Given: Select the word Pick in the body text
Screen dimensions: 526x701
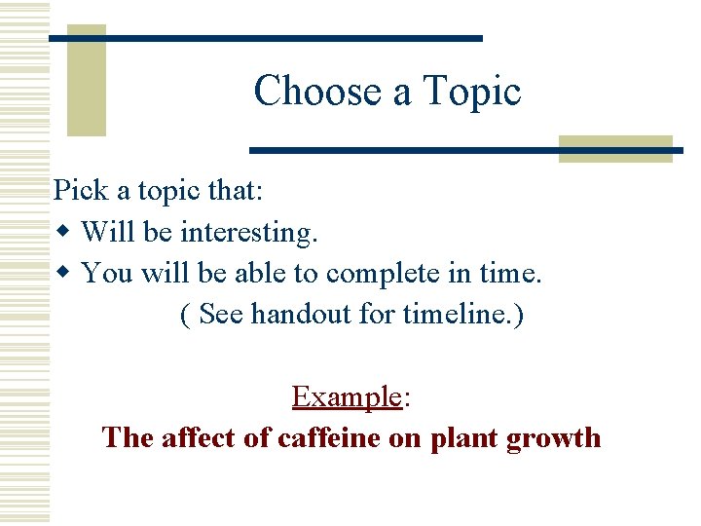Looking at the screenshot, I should pyautogui.click(x=76, y=190).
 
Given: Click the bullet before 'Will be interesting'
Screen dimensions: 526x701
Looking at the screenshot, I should pyautogui.click(x=63, y=233).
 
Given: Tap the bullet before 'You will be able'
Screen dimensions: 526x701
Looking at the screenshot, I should pyautogui.click(x=63, y=274).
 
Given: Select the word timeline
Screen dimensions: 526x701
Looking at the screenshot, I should pyautogui.click(x=451, y=316).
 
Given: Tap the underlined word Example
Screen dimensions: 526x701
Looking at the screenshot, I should pyautogui.click(x=347, y=396).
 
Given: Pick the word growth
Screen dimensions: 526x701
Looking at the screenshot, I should pyautogui.click(x=554, y=438).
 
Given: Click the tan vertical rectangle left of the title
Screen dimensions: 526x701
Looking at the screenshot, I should pyautogui.click(x=86, y=80).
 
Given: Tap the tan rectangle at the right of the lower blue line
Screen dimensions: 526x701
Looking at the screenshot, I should pyautogui.click(x=615, y=149).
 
